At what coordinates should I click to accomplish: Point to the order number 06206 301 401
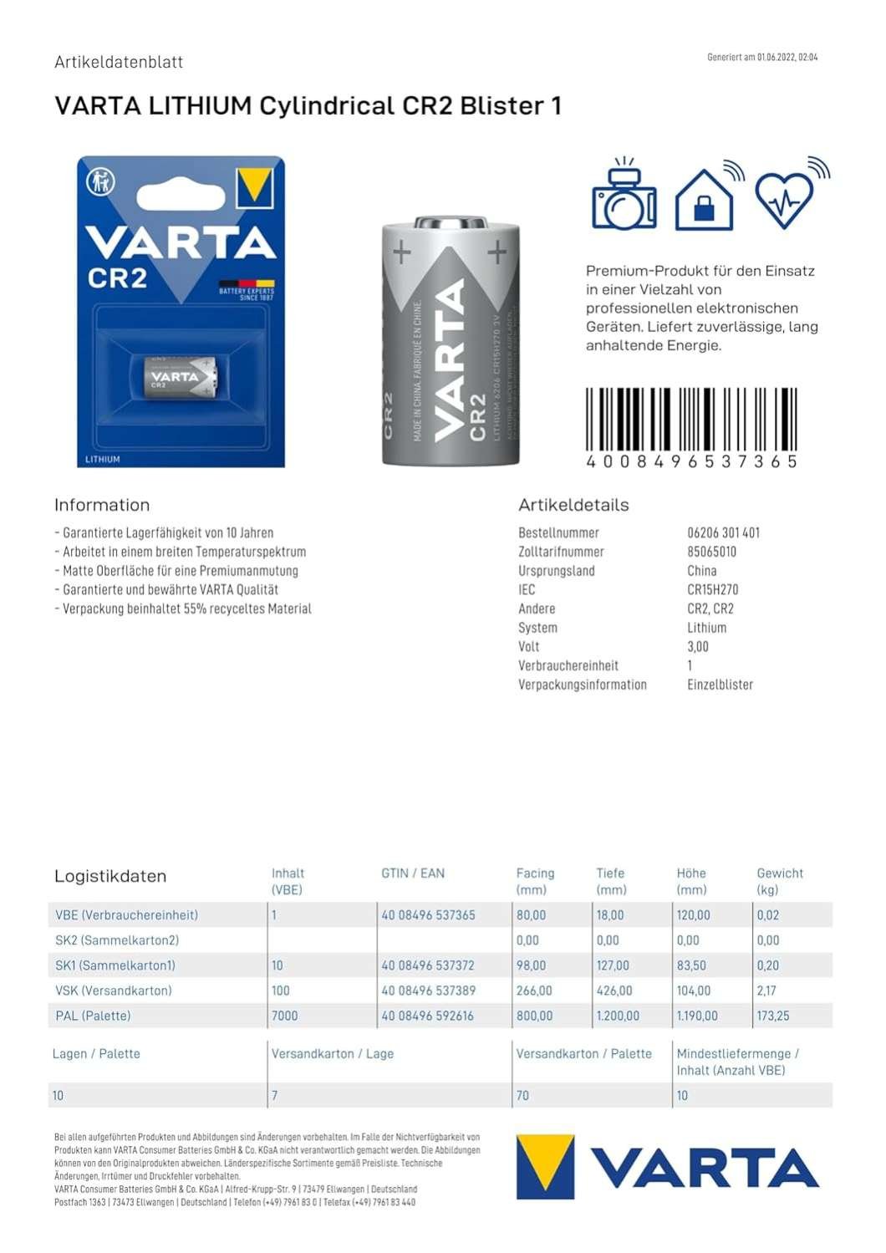coord(723,532)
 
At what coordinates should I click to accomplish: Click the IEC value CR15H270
coord(712,589)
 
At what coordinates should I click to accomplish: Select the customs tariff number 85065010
coord(711,552)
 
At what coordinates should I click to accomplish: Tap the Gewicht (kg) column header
coord(779,881)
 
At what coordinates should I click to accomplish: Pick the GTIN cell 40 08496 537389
coord(428,991)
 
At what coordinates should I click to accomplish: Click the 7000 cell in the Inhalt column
coord(284,1016)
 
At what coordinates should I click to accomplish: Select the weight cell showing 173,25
coord(772,1016)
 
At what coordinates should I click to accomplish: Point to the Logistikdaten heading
coord(110,876)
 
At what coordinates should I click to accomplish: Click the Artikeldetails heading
coord(573,505)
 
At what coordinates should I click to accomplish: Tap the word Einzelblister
coord(720,685)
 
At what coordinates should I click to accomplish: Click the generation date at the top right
coord(761,58)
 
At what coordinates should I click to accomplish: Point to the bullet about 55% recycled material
coord(182,609)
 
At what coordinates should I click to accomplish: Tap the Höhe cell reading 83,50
coord(691,965)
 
